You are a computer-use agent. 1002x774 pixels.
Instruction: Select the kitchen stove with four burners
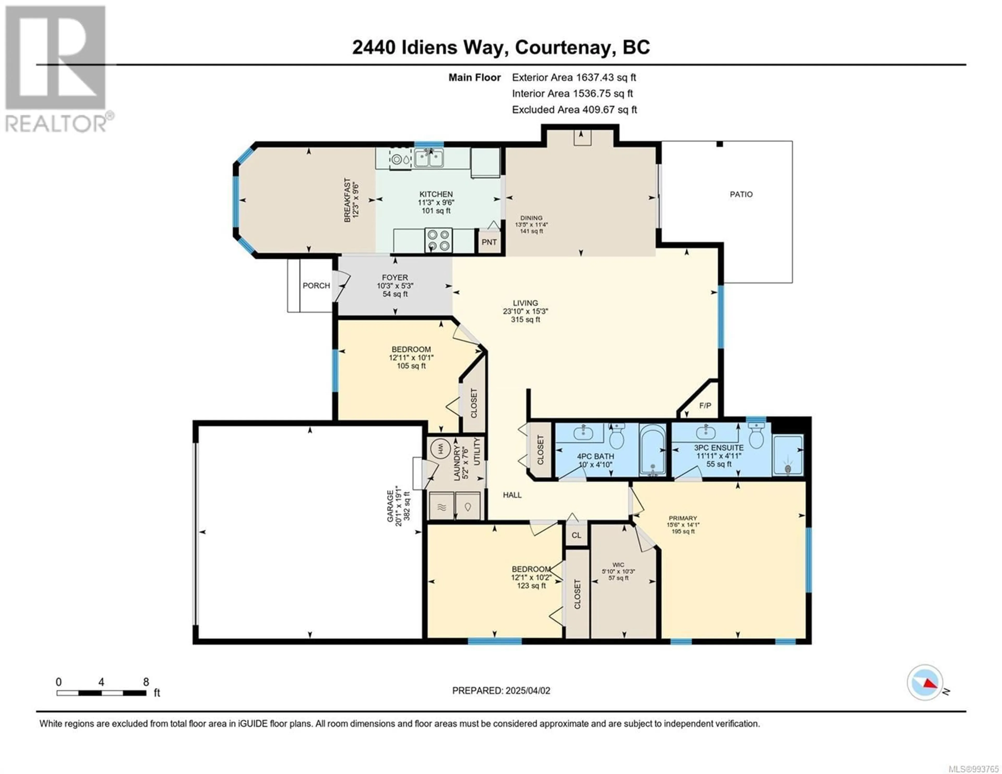point(438,241)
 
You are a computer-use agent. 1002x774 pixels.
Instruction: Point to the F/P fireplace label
point(705,406)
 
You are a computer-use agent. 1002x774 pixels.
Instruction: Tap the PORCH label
point(316,285)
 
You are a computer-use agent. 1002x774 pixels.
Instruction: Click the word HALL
point(512,495)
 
